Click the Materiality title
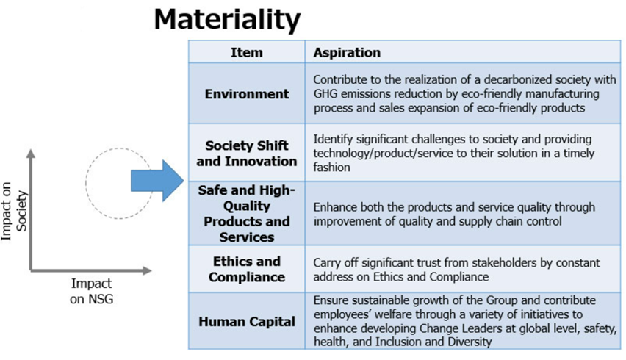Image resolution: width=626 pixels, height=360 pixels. (x=227, y=19)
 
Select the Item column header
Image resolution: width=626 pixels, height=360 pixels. (x=246, y=52)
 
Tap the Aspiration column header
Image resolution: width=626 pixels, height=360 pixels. (x=347, y=52)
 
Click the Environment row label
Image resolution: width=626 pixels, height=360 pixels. (x=246, y=94)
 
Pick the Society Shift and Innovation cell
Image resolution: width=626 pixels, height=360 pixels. (x=246, y=154)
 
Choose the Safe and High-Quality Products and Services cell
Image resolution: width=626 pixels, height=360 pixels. (x=246, y=214)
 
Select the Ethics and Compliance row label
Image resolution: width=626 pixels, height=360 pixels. (x=246, y=269)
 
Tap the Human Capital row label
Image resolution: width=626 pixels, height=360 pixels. (x=246, y=322)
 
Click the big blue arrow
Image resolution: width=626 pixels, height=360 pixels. (x=157, y=181)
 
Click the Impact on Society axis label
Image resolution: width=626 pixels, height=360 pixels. (x=15, y=211)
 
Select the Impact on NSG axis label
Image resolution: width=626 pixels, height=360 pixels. (x=91, y=291)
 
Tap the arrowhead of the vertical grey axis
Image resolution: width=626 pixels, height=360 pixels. (x=31, y=153)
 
